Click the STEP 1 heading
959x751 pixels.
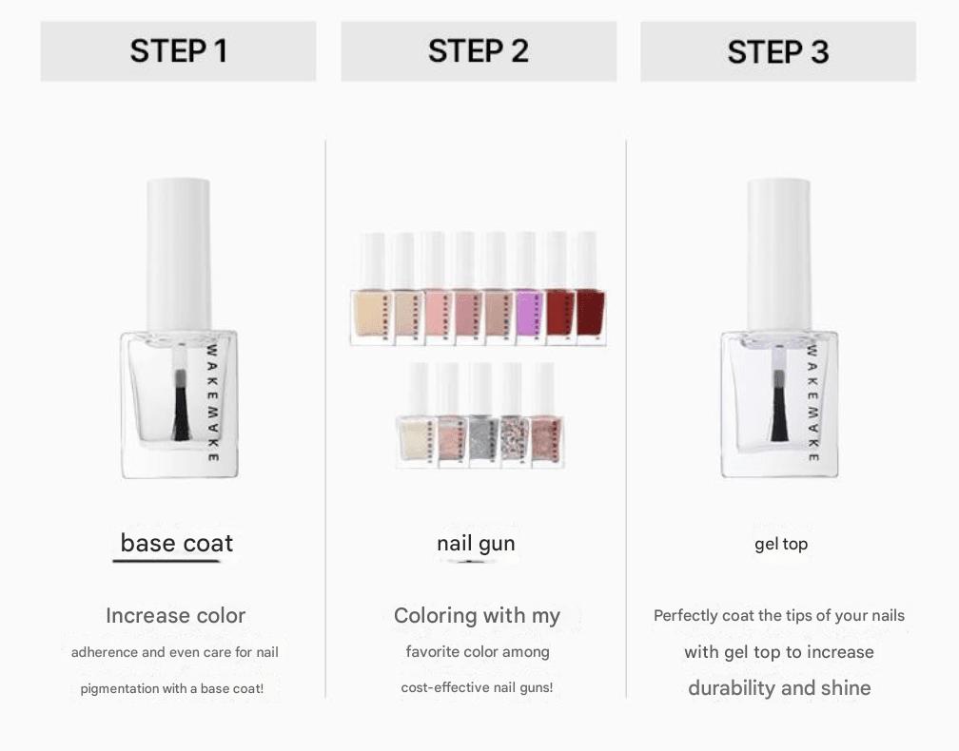[179, 50]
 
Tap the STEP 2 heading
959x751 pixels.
[479, 50]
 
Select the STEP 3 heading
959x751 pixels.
[778, 51]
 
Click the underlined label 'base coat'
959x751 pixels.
[177, 543]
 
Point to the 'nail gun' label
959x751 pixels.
[476, 543]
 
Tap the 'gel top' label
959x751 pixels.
[781, 544]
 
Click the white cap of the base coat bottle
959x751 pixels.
[179, 256]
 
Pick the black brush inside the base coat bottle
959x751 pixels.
[181, 405]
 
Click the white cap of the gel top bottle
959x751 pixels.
[779, 256]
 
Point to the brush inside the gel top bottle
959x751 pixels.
[779, 405]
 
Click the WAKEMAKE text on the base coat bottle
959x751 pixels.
[212, 403]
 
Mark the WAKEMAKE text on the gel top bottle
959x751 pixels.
[812, 403]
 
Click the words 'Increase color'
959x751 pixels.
[175, 615]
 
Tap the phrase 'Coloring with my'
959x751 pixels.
[477, 615]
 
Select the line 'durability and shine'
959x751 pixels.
[779, 688]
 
